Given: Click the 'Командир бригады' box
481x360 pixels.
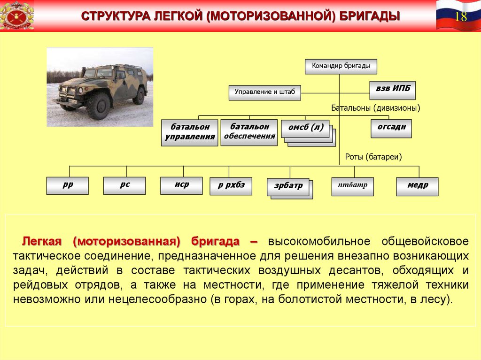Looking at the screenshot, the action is (341, 67).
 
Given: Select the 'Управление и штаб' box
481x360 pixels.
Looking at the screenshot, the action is (265, 92).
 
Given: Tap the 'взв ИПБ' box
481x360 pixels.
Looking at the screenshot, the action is (393, 90).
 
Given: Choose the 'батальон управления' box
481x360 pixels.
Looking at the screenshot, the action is (190, 132).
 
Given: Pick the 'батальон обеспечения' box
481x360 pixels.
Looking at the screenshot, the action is (249, 132).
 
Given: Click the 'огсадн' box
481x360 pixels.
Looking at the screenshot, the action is (391, 129).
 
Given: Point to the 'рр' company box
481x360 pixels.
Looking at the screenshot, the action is (68, 185).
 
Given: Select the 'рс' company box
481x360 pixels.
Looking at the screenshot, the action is (124, 185).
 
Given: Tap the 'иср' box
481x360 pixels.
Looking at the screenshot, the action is (182, 185).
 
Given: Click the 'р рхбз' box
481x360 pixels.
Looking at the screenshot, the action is (231, 186).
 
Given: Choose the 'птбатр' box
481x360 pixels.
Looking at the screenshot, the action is (353, 186).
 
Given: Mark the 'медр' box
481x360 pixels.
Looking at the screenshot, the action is (418, 186).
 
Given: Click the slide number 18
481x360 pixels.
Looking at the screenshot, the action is (461, 16).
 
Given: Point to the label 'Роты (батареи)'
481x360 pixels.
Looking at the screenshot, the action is (373, 157).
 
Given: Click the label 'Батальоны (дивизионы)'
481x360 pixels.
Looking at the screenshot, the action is (376, 108).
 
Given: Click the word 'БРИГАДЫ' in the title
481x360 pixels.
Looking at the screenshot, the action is (370, 16).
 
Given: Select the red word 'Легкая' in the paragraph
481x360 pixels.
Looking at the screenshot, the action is (42, 241).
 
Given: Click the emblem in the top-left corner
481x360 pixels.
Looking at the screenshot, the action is (17, 15).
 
